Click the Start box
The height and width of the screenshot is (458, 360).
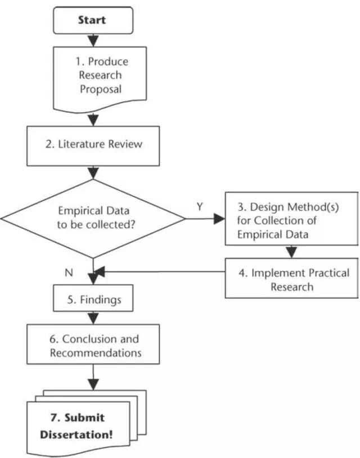(x=93, y=20)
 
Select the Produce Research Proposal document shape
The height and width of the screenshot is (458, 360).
(x=100, y=79)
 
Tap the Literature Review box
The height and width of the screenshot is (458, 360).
(x=93, y=146)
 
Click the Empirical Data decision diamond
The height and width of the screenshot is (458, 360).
(x=93, y=218)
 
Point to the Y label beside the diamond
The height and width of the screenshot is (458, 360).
(x=200, y=207)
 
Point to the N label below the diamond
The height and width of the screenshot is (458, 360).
(x=69, y=273)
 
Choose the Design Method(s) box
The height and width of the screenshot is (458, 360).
(x=292, y=218)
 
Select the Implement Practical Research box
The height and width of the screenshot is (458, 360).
(x=292, y=278)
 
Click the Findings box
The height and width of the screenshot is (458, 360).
(x=93, y=298)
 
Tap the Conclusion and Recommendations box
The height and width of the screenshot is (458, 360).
(x=93, y=344)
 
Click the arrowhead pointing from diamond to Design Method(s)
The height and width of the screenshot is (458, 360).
(x=219, y=218)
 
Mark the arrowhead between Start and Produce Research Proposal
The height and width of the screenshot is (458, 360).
(x=93, y=41)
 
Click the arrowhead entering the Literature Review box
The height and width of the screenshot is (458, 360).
(x=93, y=120)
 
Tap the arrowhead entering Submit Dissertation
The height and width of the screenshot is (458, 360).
(x=93, y=384)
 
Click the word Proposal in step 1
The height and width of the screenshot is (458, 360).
(x=101, y=89)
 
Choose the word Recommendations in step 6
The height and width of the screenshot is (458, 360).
(x=96, y=353)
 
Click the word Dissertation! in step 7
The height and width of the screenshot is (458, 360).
(x=76, y=434)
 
